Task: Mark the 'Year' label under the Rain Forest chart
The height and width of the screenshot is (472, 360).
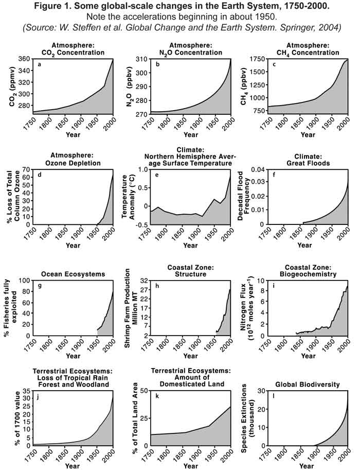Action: coord(72,466)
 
